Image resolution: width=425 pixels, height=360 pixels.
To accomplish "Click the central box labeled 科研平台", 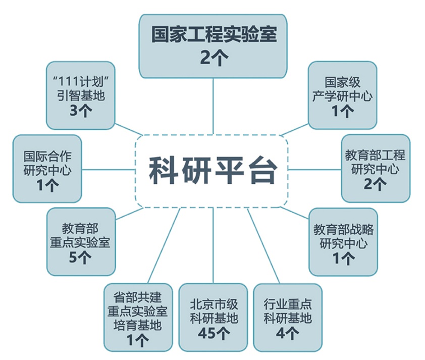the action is tap(211, 171).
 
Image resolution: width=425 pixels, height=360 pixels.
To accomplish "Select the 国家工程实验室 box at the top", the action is tap(213, 46).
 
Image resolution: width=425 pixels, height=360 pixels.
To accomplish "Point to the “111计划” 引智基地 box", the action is tap(81, 95).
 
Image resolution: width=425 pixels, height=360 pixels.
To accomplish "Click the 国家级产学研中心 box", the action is tap(343, 95).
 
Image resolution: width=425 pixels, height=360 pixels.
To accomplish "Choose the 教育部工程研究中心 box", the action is tap(376, 168).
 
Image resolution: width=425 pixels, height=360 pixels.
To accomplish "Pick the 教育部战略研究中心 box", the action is tap(343, 242).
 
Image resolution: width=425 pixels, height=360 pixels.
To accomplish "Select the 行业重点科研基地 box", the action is tap(288, 318).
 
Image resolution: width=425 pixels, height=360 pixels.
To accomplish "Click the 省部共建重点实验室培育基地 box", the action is tap(138, 318).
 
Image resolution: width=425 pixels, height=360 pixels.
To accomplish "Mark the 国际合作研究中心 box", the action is tap(47, 169).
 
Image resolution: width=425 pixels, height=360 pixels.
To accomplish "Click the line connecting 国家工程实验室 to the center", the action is tap(213, 106).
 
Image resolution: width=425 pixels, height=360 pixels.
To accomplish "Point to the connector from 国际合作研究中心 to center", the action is tap(109, 170).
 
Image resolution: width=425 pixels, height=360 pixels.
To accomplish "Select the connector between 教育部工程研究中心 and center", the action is tap(314, 170).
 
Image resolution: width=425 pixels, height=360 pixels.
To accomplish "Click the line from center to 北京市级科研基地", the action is tap(213, 246).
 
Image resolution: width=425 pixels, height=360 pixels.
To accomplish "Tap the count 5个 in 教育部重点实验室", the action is tap(80, 258).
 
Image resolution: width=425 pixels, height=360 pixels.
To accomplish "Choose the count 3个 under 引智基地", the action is tap(81, 111).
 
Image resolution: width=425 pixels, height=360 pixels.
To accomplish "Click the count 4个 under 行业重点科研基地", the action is tap(288, 333).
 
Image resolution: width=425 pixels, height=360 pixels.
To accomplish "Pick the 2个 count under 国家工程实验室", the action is tap(214, 58).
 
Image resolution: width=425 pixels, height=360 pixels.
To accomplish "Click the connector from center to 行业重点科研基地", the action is tap(263, 246).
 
